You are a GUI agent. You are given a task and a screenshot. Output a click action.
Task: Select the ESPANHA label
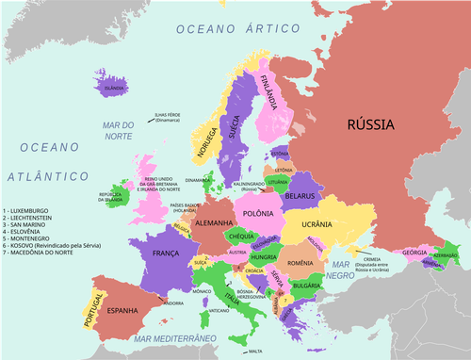[122, 309]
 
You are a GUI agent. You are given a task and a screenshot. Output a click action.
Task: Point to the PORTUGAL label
[92, 307]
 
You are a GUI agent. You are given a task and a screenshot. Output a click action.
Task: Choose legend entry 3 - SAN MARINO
[31, 224]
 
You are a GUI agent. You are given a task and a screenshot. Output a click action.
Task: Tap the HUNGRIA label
[263, 256]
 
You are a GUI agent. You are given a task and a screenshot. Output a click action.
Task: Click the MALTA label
[255, 351]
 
